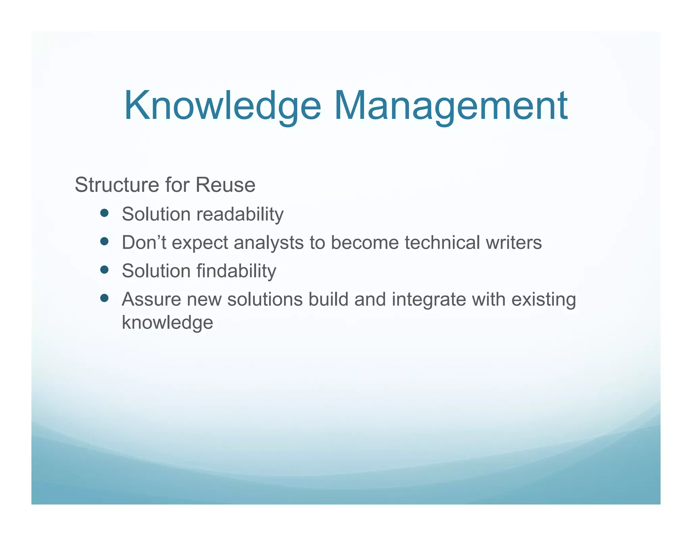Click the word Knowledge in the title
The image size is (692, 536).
[222, 106]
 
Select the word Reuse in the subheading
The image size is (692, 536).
[225, 185]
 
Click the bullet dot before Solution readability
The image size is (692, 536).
[104, 213]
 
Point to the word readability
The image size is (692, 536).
[240, 214]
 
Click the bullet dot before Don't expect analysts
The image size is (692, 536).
[104, 241]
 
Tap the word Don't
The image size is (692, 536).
[144, 243]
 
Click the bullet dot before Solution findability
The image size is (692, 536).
[104, 270]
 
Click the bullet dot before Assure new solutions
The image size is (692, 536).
[104, 298]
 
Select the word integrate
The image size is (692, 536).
[429, 299]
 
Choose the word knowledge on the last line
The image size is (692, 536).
[167, 322]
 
